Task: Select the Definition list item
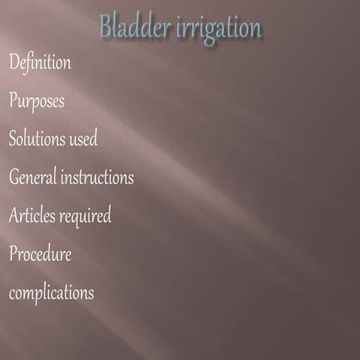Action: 40,63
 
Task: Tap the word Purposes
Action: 37,101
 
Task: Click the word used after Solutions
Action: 82,139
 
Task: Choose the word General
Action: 34,178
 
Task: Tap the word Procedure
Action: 40,254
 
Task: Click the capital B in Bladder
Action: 106,28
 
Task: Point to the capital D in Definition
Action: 13,63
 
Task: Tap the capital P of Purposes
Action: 13,101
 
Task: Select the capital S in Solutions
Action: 13,139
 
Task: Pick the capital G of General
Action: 13,178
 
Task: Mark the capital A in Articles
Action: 13,216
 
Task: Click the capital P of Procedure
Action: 13,254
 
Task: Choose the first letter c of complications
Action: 12,294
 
